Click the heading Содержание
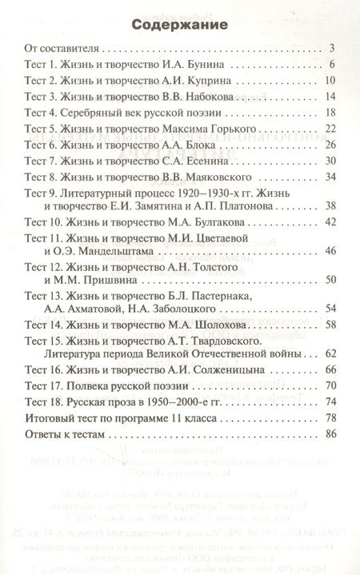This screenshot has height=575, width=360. (x=180, y=25)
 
